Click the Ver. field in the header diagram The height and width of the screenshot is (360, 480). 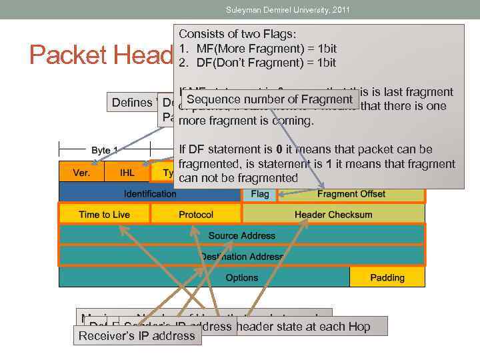81,172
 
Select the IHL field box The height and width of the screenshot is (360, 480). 127,172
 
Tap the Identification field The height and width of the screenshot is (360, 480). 150,193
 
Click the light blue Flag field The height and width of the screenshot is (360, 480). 259,194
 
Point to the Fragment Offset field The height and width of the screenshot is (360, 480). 351,194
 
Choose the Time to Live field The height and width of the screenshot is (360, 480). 104,214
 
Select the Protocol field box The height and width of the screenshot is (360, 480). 196,214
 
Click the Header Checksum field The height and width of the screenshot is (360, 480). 333,214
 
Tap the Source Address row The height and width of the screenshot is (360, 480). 241,235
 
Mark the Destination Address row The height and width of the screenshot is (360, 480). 241,256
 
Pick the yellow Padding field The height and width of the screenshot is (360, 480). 387,277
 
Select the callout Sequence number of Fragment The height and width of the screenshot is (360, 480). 269,100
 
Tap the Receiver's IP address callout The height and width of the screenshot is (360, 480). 137,335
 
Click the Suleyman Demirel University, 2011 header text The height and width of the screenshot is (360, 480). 287,9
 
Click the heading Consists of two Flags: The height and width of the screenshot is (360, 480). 239,34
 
